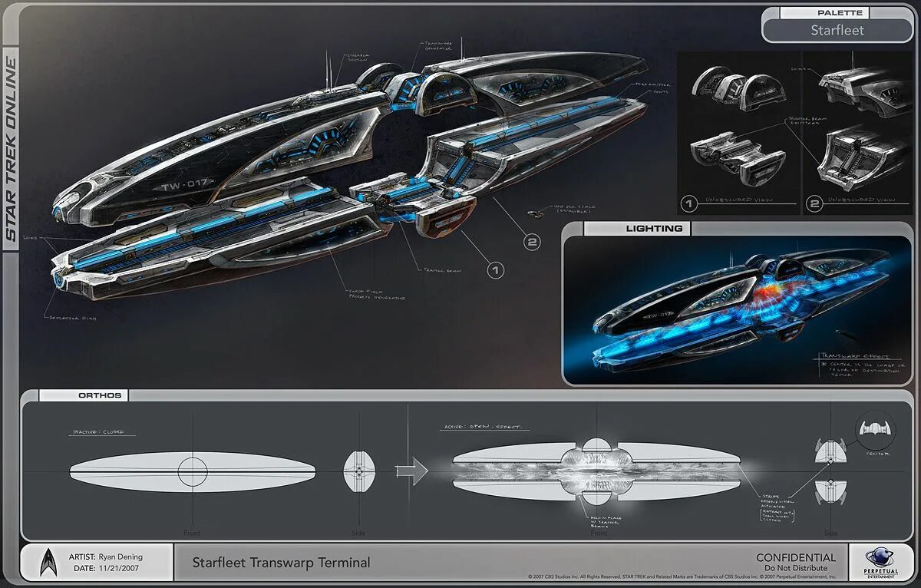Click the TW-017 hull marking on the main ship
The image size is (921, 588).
click(185, 186)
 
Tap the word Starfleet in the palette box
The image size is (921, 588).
click(837, 30)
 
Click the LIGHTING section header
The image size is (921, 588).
click(654, 228)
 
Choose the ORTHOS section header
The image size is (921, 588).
click(100, 395)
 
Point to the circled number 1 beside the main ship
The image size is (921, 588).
click(496, 269)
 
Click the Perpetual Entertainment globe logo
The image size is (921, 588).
click(880, 560)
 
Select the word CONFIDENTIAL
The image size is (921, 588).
click(796, 557)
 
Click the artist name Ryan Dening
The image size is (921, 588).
click(117, 557)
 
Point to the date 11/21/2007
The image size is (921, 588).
click(119, 569)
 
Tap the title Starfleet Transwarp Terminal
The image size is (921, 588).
click(281, 563)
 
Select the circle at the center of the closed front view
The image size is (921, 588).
click(193, 471)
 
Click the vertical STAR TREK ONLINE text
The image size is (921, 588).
click(11, 150)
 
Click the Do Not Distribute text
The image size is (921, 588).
click(796, 569)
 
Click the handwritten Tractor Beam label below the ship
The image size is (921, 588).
click(441, 270)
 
